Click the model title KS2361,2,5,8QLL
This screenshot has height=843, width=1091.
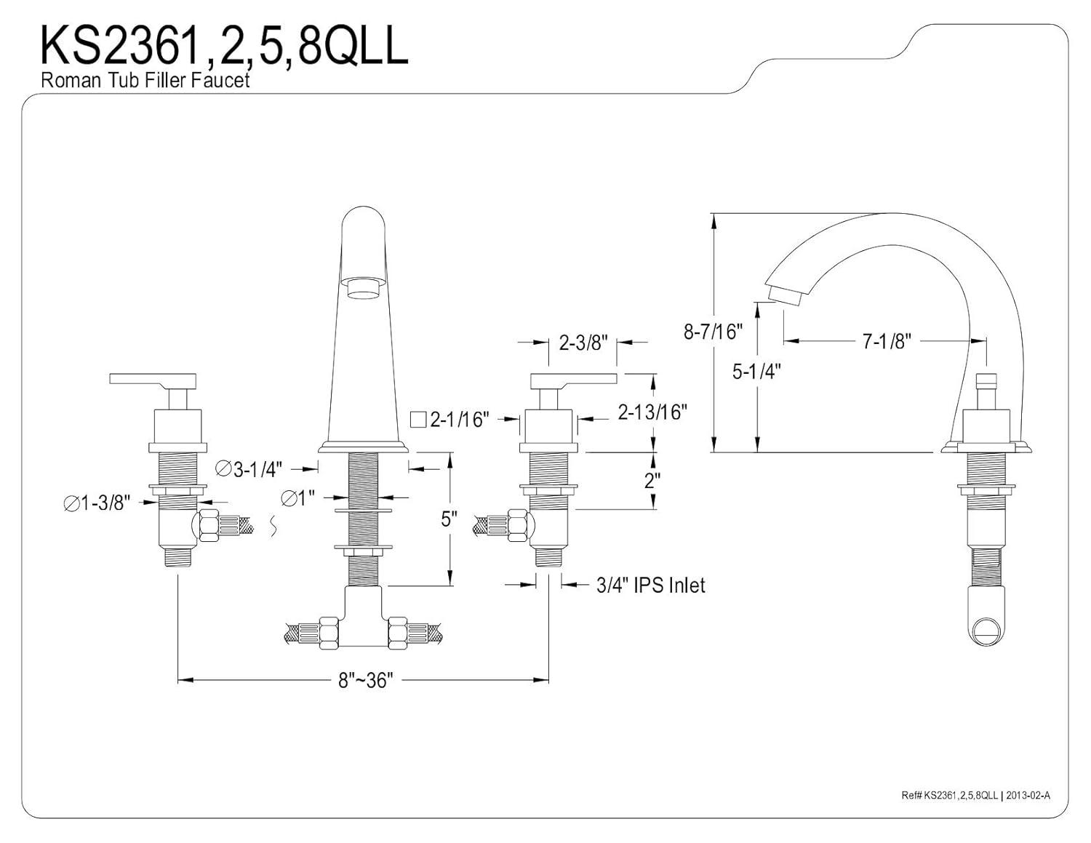point(224,46)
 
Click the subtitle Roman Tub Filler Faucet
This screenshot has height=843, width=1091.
point(145,80)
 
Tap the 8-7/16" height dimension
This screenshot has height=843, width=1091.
point(713,332)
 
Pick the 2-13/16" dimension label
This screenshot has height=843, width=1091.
point(652,412)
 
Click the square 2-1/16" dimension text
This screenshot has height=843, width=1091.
point(450,419)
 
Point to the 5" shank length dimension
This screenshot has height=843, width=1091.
point(449,519)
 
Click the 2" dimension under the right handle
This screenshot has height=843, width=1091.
point(652,480)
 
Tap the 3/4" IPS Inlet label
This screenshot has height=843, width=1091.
point(650,584)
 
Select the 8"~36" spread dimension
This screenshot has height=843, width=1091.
point(365,680)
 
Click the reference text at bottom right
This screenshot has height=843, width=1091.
point(975,796)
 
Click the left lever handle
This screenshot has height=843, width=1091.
point(153,379)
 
